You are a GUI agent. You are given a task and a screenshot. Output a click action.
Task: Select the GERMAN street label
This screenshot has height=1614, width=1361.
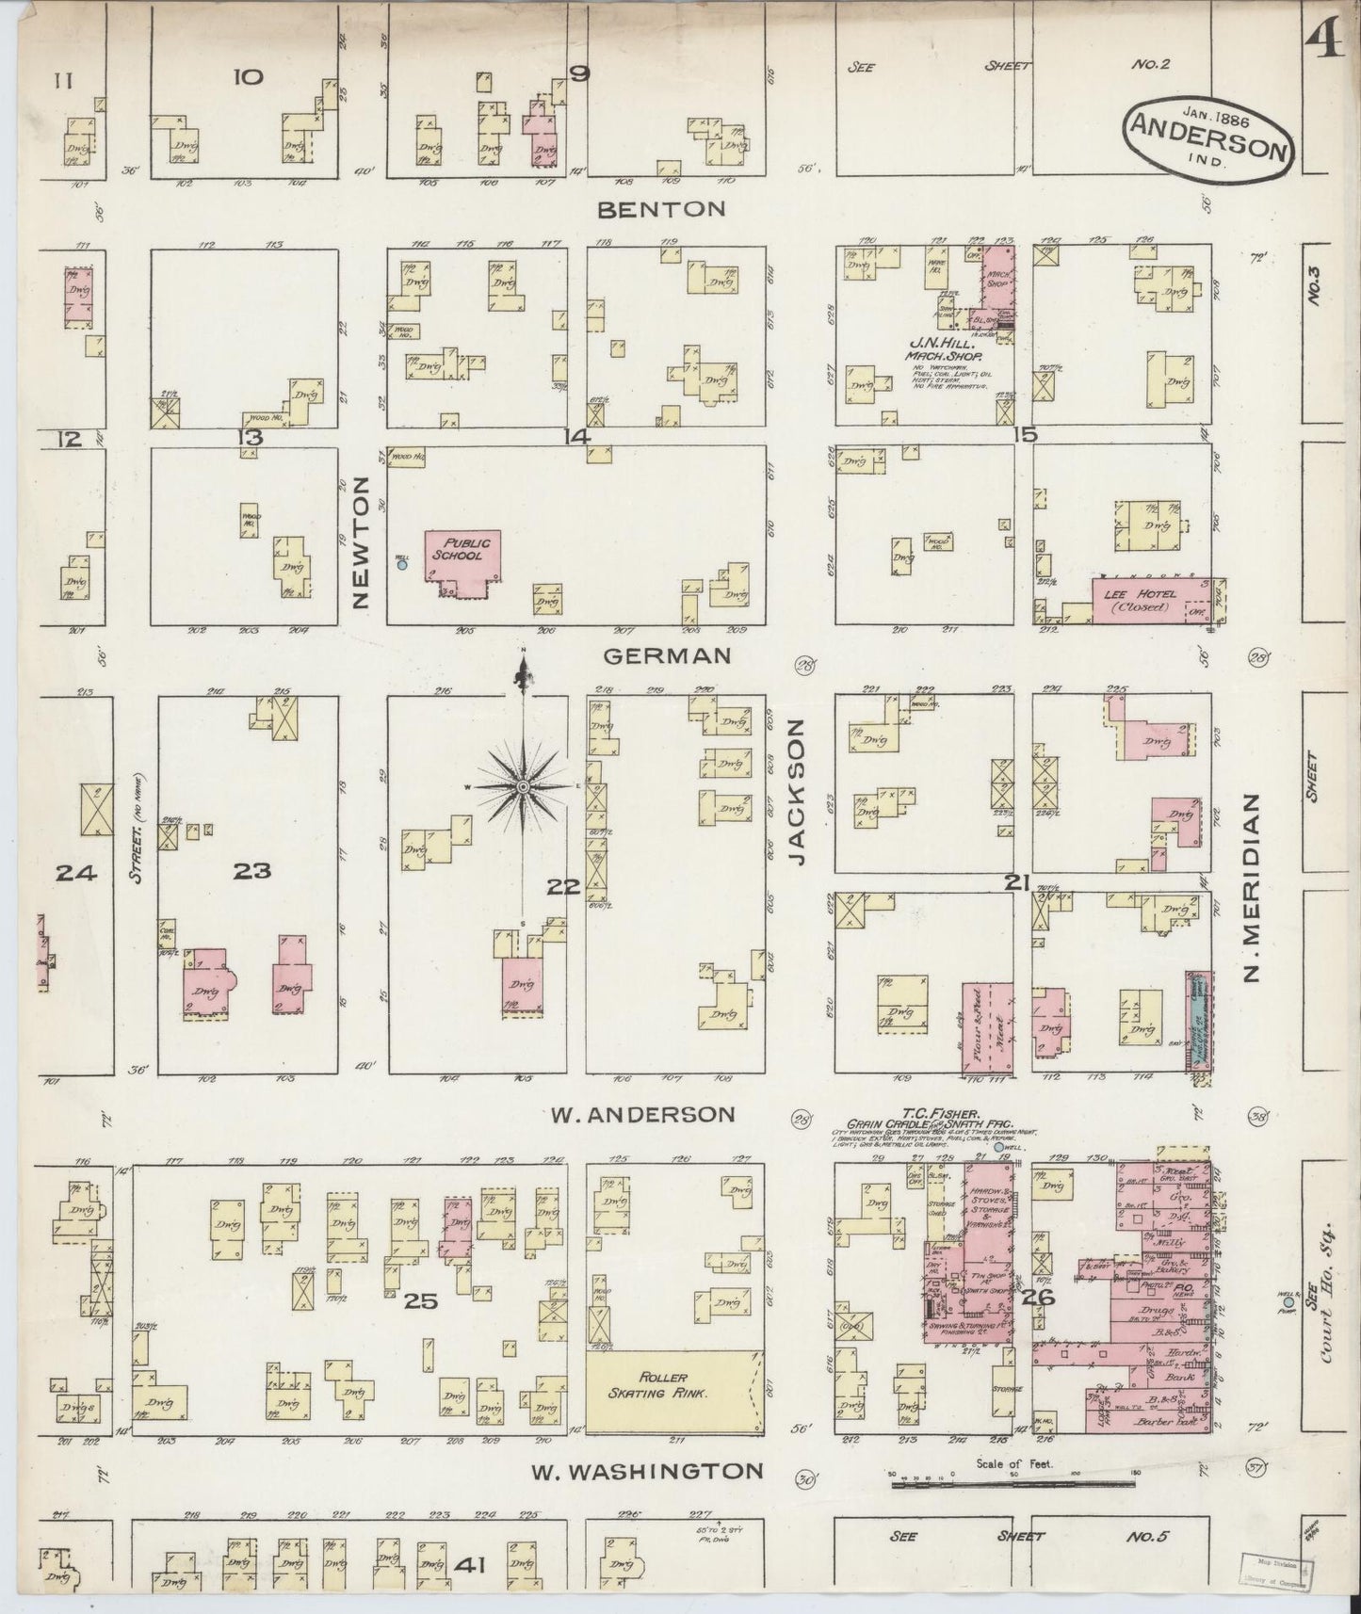pyautogui.click(x=667, y=655)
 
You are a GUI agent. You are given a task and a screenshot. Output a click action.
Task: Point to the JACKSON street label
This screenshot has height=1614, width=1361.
pyautogui.click(x=799, y=792)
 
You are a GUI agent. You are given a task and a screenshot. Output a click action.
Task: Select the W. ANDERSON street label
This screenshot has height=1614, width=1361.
pyautogui.click(x=641, y=1114)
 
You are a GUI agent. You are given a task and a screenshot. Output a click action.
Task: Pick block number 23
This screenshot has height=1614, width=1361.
pyautogui.click(x=252, y=871)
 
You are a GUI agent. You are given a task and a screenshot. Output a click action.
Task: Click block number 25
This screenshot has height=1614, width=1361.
pyautogui.click(x=422, y=1301)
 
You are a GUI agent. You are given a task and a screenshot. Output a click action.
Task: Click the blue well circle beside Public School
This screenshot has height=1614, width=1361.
pyautogui.click(x=402, y=565)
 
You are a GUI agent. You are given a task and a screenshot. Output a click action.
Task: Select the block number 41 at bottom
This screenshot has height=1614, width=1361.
pyautogui.click(x=468, y=1564)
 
